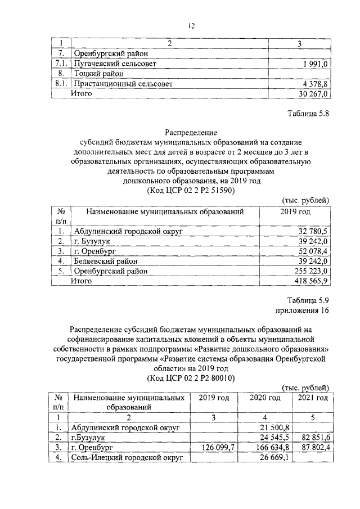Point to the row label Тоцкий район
(97, 74)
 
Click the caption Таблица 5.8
(307, 113)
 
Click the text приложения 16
(301, 310)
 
